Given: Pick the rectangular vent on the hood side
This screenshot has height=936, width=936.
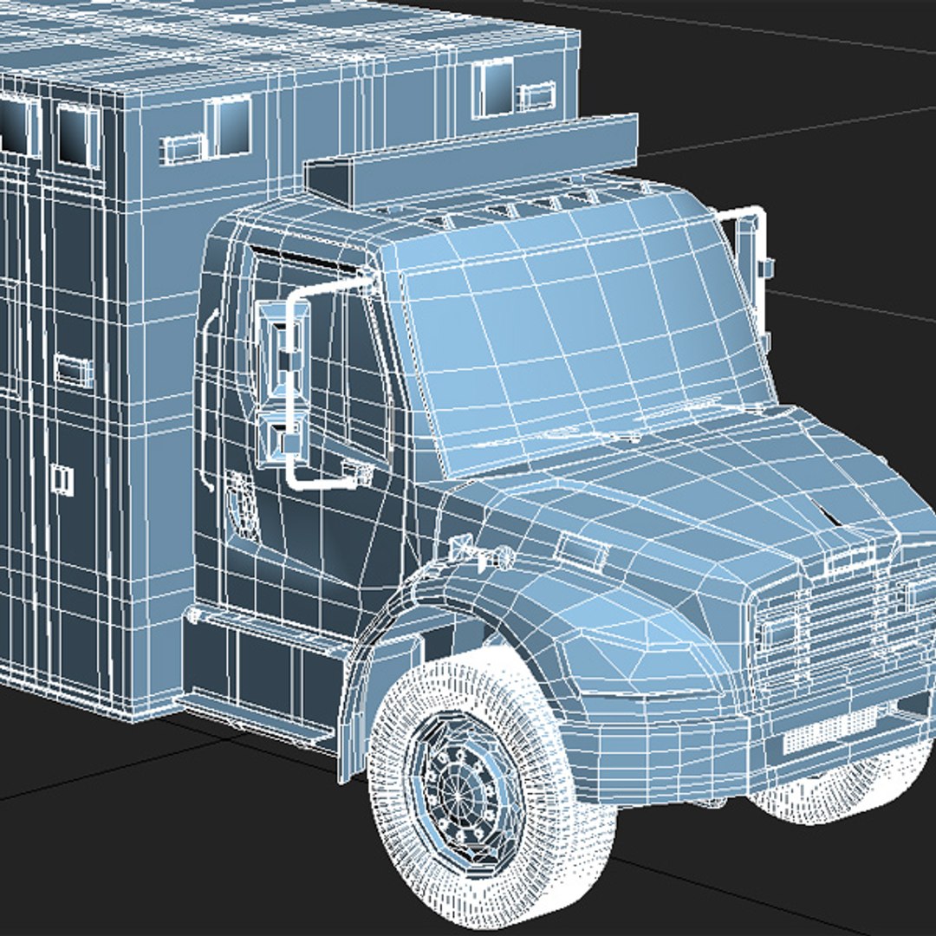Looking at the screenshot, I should coord(583,550).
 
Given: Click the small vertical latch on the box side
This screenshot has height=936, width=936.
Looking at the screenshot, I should coord(62,479).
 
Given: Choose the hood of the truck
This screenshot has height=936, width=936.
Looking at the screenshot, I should coord(676,494).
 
